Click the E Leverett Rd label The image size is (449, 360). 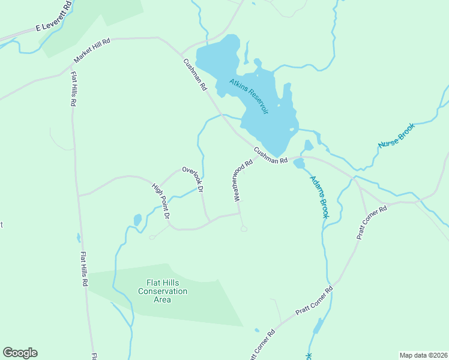point(53,24)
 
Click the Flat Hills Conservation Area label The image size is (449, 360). point(163,291)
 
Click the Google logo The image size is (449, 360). point(20,353)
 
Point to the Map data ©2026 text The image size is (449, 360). point(423,355)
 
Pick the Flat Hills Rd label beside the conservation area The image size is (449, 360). point(85,269)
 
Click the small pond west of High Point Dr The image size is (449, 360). point(137,220)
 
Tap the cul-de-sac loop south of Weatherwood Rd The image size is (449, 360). point(243,228)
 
